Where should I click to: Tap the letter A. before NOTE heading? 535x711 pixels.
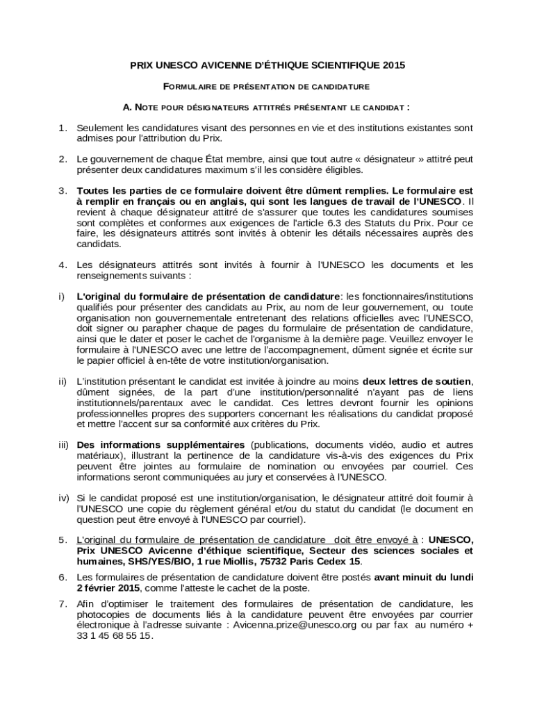click(x=127, y=108)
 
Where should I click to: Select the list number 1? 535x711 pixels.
click(x=63, y=128)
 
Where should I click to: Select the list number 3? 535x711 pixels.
click(x=63, y=190)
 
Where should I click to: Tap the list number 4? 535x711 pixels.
click(x=63, y=265)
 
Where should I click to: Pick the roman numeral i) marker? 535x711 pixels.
click(x=62, y=296)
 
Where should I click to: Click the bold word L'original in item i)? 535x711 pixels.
click(x=96, y=296)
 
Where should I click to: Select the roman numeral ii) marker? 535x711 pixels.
click(x=63, y=381)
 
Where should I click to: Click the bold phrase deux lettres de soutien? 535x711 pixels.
click(x=418, y=381)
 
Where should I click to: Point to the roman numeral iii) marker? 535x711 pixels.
click(x=64, y=444)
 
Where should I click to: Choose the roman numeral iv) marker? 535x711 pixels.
click(x=64, y=498)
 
